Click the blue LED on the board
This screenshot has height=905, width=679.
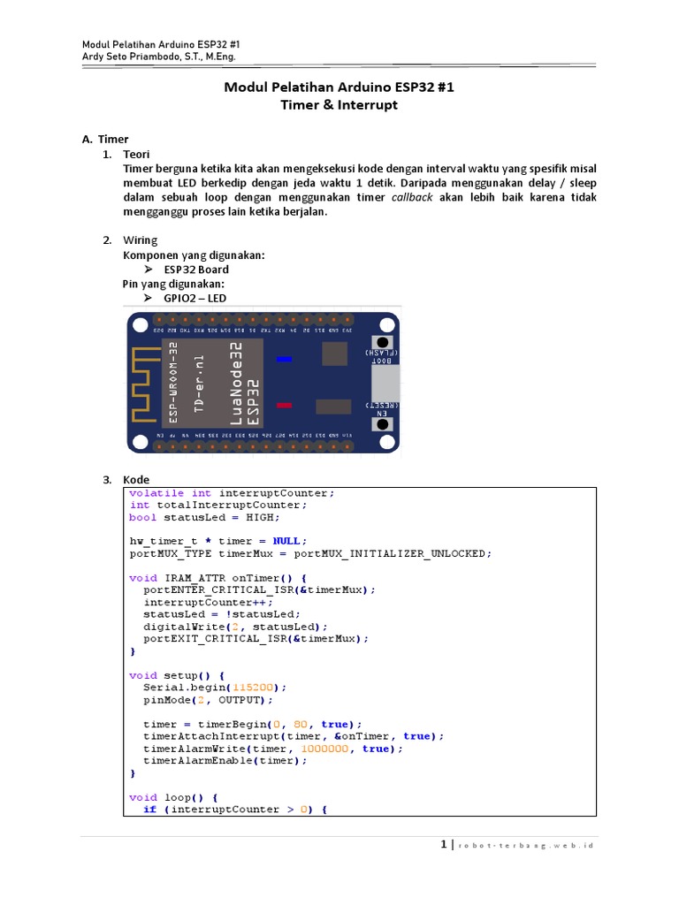(284, 359)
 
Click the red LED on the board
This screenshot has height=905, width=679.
(284, 405)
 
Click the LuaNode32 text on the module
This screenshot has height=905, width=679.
(236, 383)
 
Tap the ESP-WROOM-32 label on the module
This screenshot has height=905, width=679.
(173, 383)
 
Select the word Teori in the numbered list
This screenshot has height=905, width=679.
(137, 155)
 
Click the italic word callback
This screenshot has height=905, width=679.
(412, 197)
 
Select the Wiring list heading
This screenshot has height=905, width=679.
(141, 240)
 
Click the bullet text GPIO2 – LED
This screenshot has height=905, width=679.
(195, 298)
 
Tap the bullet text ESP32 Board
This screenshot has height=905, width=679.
(196, 270)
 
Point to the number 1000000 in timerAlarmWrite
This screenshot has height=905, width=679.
(328, 748)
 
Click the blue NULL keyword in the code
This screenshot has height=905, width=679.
(290, 541)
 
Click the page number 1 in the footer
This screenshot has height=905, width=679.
(444, 845)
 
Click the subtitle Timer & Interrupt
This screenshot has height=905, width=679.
(339, 105)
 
